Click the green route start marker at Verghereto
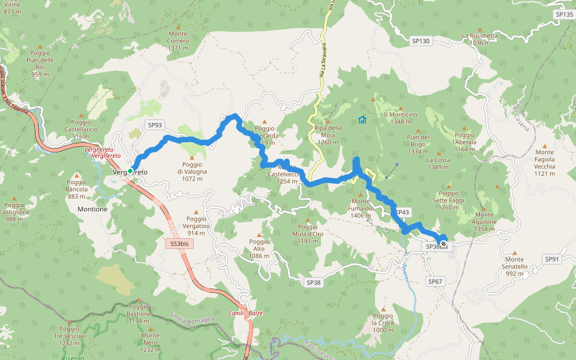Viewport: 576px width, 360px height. tap(130, 171)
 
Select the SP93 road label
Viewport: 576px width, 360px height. tap(155, 125)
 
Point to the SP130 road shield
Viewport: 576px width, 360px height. tap(421, 41)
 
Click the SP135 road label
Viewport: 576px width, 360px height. tap(564, 14)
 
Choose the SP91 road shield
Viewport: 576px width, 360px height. tap(552, 259)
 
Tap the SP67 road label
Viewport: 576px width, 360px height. tap(435, 281)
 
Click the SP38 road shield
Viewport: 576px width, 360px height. tap(314, 282)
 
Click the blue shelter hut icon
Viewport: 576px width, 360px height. tap(362, 120)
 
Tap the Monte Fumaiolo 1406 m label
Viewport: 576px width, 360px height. tap(361, 208)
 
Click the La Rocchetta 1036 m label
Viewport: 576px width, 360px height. tap(480, 39)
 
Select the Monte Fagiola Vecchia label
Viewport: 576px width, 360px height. tap(545, 163)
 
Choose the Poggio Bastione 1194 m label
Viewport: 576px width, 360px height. tap(139, 313)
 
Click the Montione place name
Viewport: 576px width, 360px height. tap(92, 209)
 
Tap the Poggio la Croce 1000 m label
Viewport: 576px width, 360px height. tap(383, 322)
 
